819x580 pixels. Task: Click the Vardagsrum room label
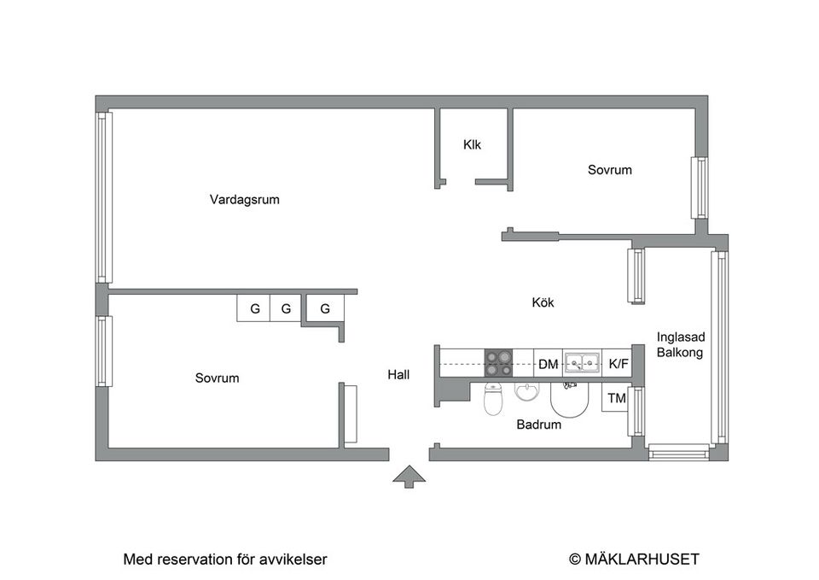coord(245,200)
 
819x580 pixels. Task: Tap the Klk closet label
coord(472,144)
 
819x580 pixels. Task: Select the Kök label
coord(543,302)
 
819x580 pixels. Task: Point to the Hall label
coord(398,374)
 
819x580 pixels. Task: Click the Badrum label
coord(539,424)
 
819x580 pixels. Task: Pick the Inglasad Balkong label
coord(680,345)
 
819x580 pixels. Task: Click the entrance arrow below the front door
coord(409,477)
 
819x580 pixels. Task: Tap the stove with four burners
coord(499,364)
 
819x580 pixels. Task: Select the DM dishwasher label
coord(548,365)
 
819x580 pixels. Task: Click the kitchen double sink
coord(583,364)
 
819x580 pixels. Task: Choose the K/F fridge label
coord(619,365)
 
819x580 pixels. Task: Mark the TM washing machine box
coord(615,398)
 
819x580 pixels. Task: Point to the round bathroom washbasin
coord(528,392)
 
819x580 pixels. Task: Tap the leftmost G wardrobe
coord(254,308)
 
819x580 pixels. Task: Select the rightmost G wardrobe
coord(325,308)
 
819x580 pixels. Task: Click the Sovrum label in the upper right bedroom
coord(610,170)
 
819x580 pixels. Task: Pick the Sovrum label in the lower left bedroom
coord(217,378)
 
